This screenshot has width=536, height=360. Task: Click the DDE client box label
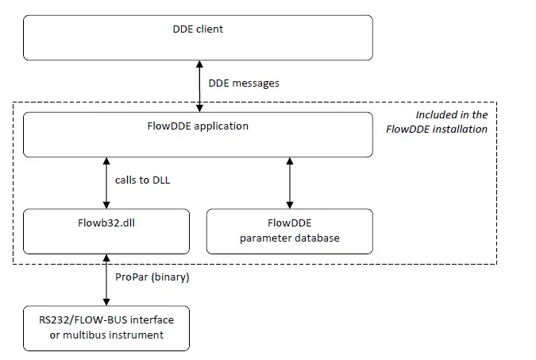[198, 29]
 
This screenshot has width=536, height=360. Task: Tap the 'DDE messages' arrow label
[243, 83]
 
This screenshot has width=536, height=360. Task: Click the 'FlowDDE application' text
[198, 126]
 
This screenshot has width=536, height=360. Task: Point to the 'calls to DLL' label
[142, 180]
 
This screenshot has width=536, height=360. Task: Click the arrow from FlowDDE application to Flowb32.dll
[107, 182]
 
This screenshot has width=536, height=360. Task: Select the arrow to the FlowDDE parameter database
[289, 182]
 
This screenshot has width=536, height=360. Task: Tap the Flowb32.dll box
[107, 231]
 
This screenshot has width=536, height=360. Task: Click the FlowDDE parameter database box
[289, 231]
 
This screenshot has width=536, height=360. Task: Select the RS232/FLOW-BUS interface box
[107, 327]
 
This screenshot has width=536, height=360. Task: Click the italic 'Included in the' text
[452, 115]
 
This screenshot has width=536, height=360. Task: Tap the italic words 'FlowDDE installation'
[437, 129]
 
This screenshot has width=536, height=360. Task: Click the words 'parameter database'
[289, 238]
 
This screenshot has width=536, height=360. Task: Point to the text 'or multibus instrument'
[107, 335]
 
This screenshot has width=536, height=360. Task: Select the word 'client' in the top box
[210, 29]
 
